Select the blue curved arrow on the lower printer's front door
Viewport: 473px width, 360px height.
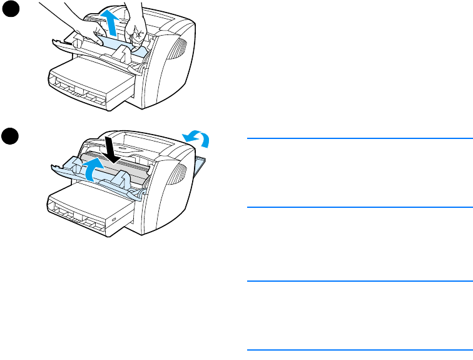point(91,169)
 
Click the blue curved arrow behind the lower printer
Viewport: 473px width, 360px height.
point(195,138)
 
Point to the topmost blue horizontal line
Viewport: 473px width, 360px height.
point(357,138)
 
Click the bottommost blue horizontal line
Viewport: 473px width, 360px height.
point(357,349)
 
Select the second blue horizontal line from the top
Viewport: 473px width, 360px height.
point(357,207)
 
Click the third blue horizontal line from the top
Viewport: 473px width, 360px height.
point(357,281)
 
